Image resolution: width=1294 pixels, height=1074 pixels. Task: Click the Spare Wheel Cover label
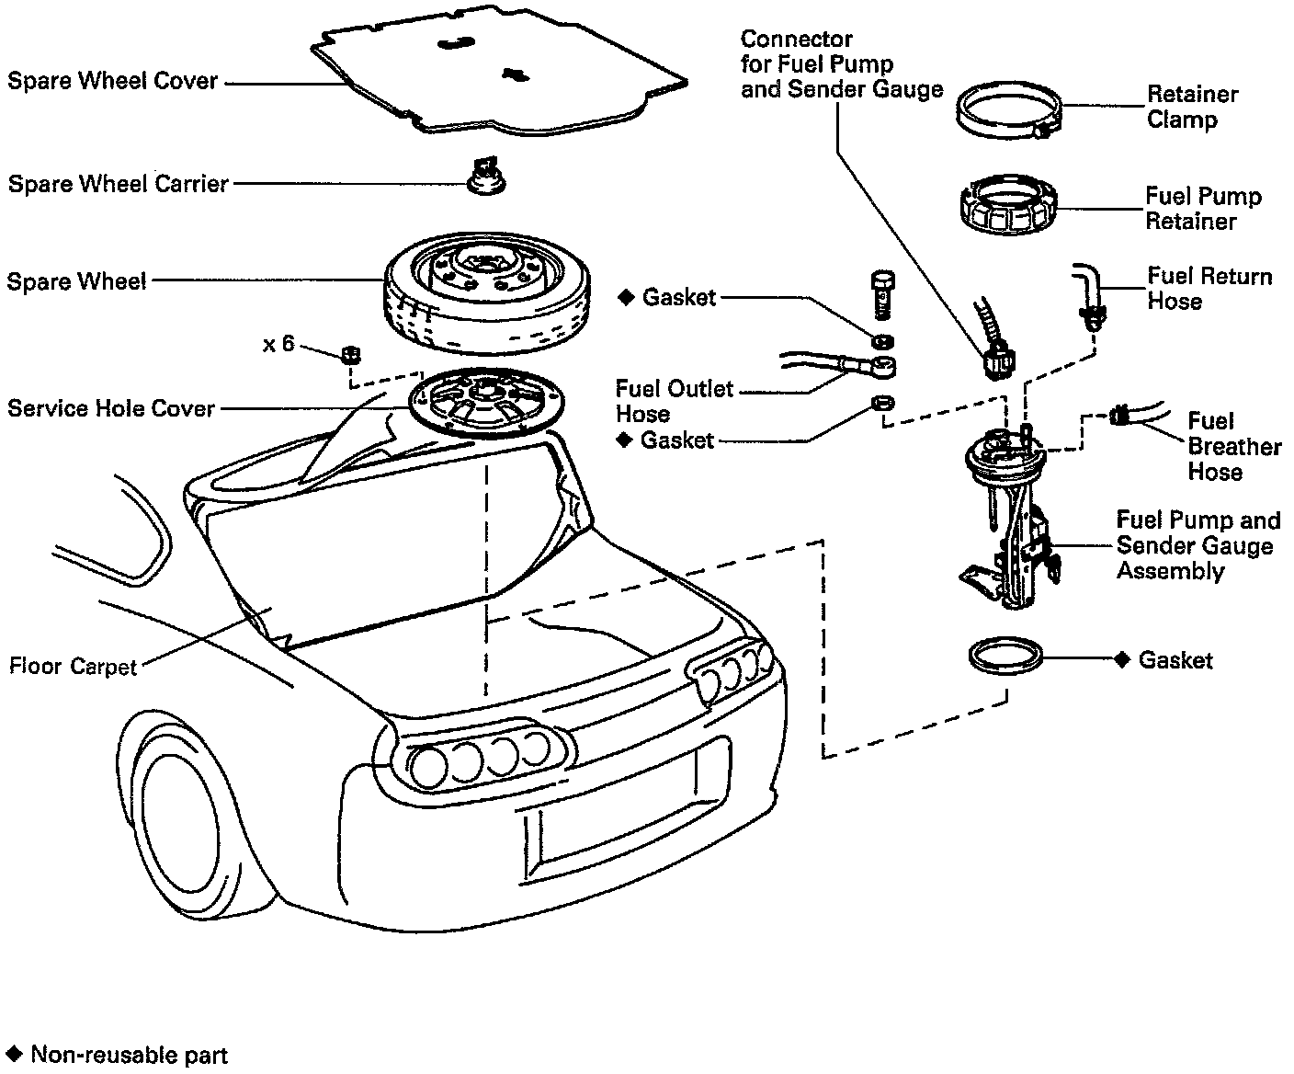pos(112,81)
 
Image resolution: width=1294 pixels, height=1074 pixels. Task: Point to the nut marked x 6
pos(350,354)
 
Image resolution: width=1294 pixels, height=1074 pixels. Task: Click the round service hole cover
pos(484,404)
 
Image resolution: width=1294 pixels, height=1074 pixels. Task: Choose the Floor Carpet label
pos(73,666)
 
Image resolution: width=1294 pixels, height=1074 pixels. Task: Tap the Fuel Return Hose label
pos(1209,289)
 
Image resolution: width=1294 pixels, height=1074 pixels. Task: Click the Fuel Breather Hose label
pos(1233,447)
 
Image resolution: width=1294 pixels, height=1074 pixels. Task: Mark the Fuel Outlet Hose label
pos(674,401)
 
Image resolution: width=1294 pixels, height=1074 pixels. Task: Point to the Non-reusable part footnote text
pos(129,1055)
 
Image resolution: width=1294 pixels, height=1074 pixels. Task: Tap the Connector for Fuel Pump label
pos(841,64)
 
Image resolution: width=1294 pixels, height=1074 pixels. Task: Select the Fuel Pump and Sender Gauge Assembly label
pos(1197,545)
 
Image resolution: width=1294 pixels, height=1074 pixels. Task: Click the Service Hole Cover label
pos(111,408)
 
